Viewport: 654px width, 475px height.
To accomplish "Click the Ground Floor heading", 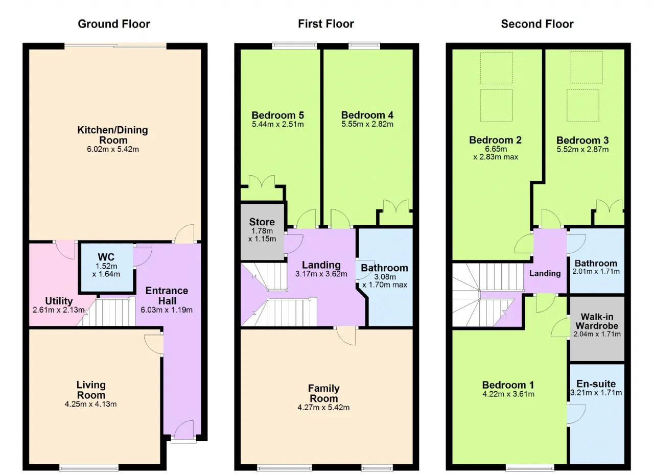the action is click(114, 24).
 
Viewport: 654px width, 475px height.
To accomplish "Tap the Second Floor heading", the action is click(537, 24).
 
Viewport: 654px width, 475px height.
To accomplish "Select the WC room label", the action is click(106, 257).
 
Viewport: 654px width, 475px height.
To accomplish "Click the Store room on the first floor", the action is click(262, 231).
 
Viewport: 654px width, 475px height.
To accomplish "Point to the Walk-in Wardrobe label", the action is click(597, 321).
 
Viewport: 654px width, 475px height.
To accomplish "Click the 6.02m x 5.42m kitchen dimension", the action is click(113, 149).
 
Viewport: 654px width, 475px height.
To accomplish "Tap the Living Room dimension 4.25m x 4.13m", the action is click(90, 404).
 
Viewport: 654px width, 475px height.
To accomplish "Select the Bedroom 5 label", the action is click(277, 115).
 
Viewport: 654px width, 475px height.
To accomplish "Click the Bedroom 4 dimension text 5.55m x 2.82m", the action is click(367, 124).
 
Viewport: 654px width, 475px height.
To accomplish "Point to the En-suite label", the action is click(596, 384).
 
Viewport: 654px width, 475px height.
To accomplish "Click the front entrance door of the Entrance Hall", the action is click(183, 431).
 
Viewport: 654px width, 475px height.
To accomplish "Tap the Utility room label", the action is click(59, 301).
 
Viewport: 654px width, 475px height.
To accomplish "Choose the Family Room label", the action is click(324, 393).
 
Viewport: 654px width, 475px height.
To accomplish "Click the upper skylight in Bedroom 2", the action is click(496, 68).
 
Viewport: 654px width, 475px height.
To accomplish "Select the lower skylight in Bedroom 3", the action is click(583, 105).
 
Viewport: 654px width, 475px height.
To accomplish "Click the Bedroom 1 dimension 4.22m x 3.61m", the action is click(508, 394).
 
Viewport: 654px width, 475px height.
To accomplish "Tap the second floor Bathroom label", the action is click(596, 263).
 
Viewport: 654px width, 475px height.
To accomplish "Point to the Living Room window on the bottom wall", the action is click(89, 468).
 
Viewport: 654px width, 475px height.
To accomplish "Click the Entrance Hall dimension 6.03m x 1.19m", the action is click(167, 310).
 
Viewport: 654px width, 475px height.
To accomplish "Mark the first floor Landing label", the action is click(321, 265).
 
